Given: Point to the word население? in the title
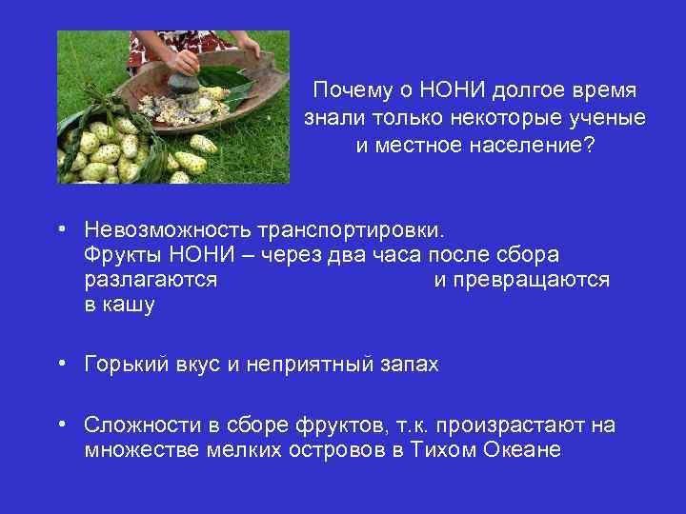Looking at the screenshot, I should [533, 148].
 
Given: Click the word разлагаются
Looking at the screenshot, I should [151, 281].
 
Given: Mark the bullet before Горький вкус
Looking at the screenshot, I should [60, 363].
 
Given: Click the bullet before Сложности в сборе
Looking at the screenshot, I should [60, 424].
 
